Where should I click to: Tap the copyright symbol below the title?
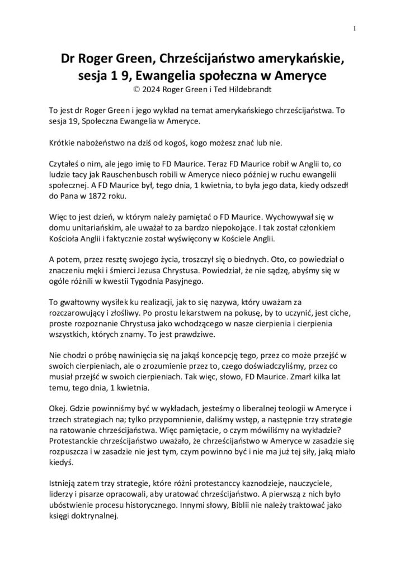(132, 88)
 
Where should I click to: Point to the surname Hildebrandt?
(248, 88)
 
